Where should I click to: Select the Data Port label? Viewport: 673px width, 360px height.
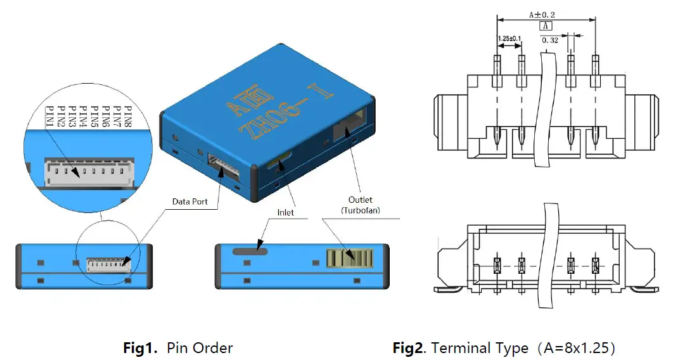pyautogui.click(x=191, y=202)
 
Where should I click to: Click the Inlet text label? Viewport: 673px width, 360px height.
pyautogui.click(x=286, y=212)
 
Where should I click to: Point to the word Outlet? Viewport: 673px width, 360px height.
pyautogui.click(x=361, y=200)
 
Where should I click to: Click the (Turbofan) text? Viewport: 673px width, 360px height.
pyautogui.click(x=361, y=210)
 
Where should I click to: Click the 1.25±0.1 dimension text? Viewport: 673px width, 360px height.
pyautogui.click(x=509, y=39)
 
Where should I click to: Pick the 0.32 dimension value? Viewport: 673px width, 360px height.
pyautogui.click(x=549, y=40)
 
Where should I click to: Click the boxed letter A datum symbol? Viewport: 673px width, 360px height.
pyautogui.click(x=545, y=26)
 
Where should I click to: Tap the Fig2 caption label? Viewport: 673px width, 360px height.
pyautogui.click(x=410, y=348)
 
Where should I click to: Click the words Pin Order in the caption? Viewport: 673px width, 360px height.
pyautogui.click(x=200, y=348)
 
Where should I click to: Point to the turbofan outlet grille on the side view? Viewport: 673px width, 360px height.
pyautogui.click(x=349, y=258)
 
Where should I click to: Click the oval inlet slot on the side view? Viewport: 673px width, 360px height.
pyautogui.click(x=250, y=251)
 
